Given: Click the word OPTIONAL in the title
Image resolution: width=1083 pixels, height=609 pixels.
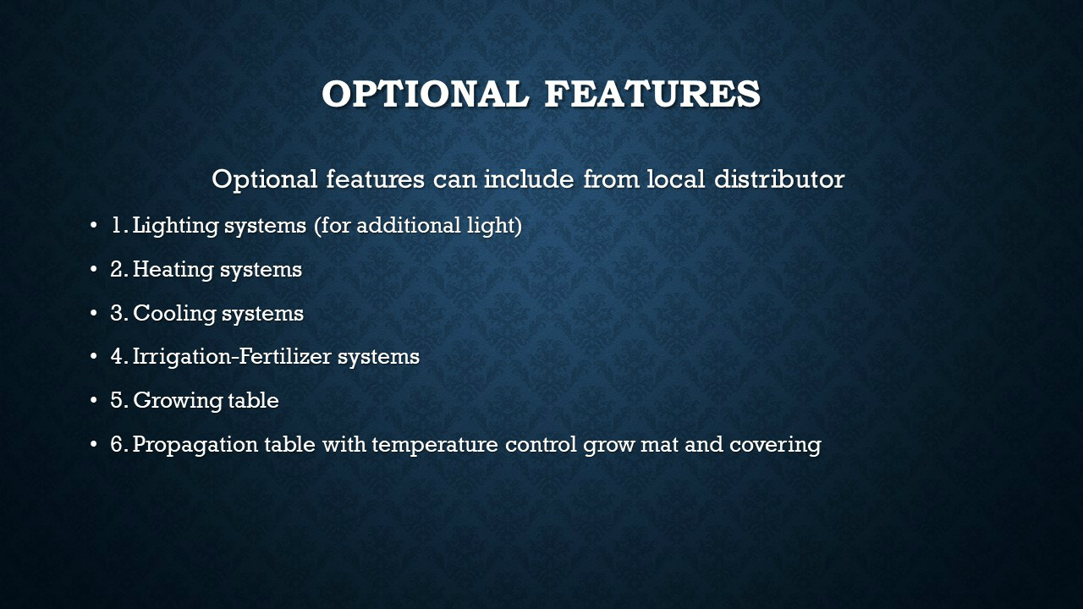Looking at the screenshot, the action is coord(426,93).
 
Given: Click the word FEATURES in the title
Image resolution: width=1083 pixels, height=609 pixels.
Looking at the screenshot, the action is coord(652,93).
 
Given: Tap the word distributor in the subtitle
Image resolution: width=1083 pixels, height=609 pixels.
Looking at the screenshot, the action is coord(779,178).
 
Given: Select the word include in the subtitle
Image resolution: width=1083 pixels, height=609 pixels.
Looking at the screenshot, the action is coord(529,178).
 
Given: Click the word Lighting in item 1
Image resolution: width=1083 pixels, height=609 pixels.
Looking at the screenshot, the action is coord(175,226).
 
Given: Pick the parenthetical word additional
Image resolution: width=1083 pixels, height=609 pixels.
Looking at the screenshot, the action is coord(409,225).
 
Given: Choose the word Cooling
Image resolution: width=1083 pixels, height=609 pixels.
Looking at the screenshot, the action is coord(174,313).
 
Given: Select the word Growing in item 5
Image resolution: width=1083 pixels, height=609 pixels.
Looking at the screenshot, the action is coord(178,401).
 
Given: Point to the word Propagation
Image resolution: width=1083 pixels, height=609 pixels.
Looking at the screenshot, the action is coord(195,445).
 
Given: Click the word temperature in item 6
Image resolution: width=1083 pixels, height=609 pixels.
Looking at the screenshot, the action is coord(435,445).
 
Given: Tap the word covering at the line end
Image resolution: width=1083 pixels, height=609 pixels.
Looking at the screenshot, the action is coord(775,445).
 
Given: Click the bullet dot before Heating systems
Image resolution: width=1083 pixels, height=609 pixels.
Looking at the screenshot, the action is coord(94,270).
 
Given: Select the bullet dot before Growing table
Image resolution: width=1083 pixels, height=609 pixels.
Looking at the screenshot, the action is coord(94,401).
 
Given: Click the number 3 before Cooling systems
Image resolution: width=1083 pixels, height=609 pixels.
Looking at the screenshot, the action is coord(116,313).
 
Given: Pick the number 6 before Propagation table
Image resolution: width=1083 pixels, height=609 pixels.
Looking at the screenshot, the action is coord(116,444).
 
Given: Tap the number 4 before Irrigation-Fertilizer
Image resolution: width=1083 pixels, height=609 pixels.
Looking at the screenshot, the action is coord(116,357).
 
